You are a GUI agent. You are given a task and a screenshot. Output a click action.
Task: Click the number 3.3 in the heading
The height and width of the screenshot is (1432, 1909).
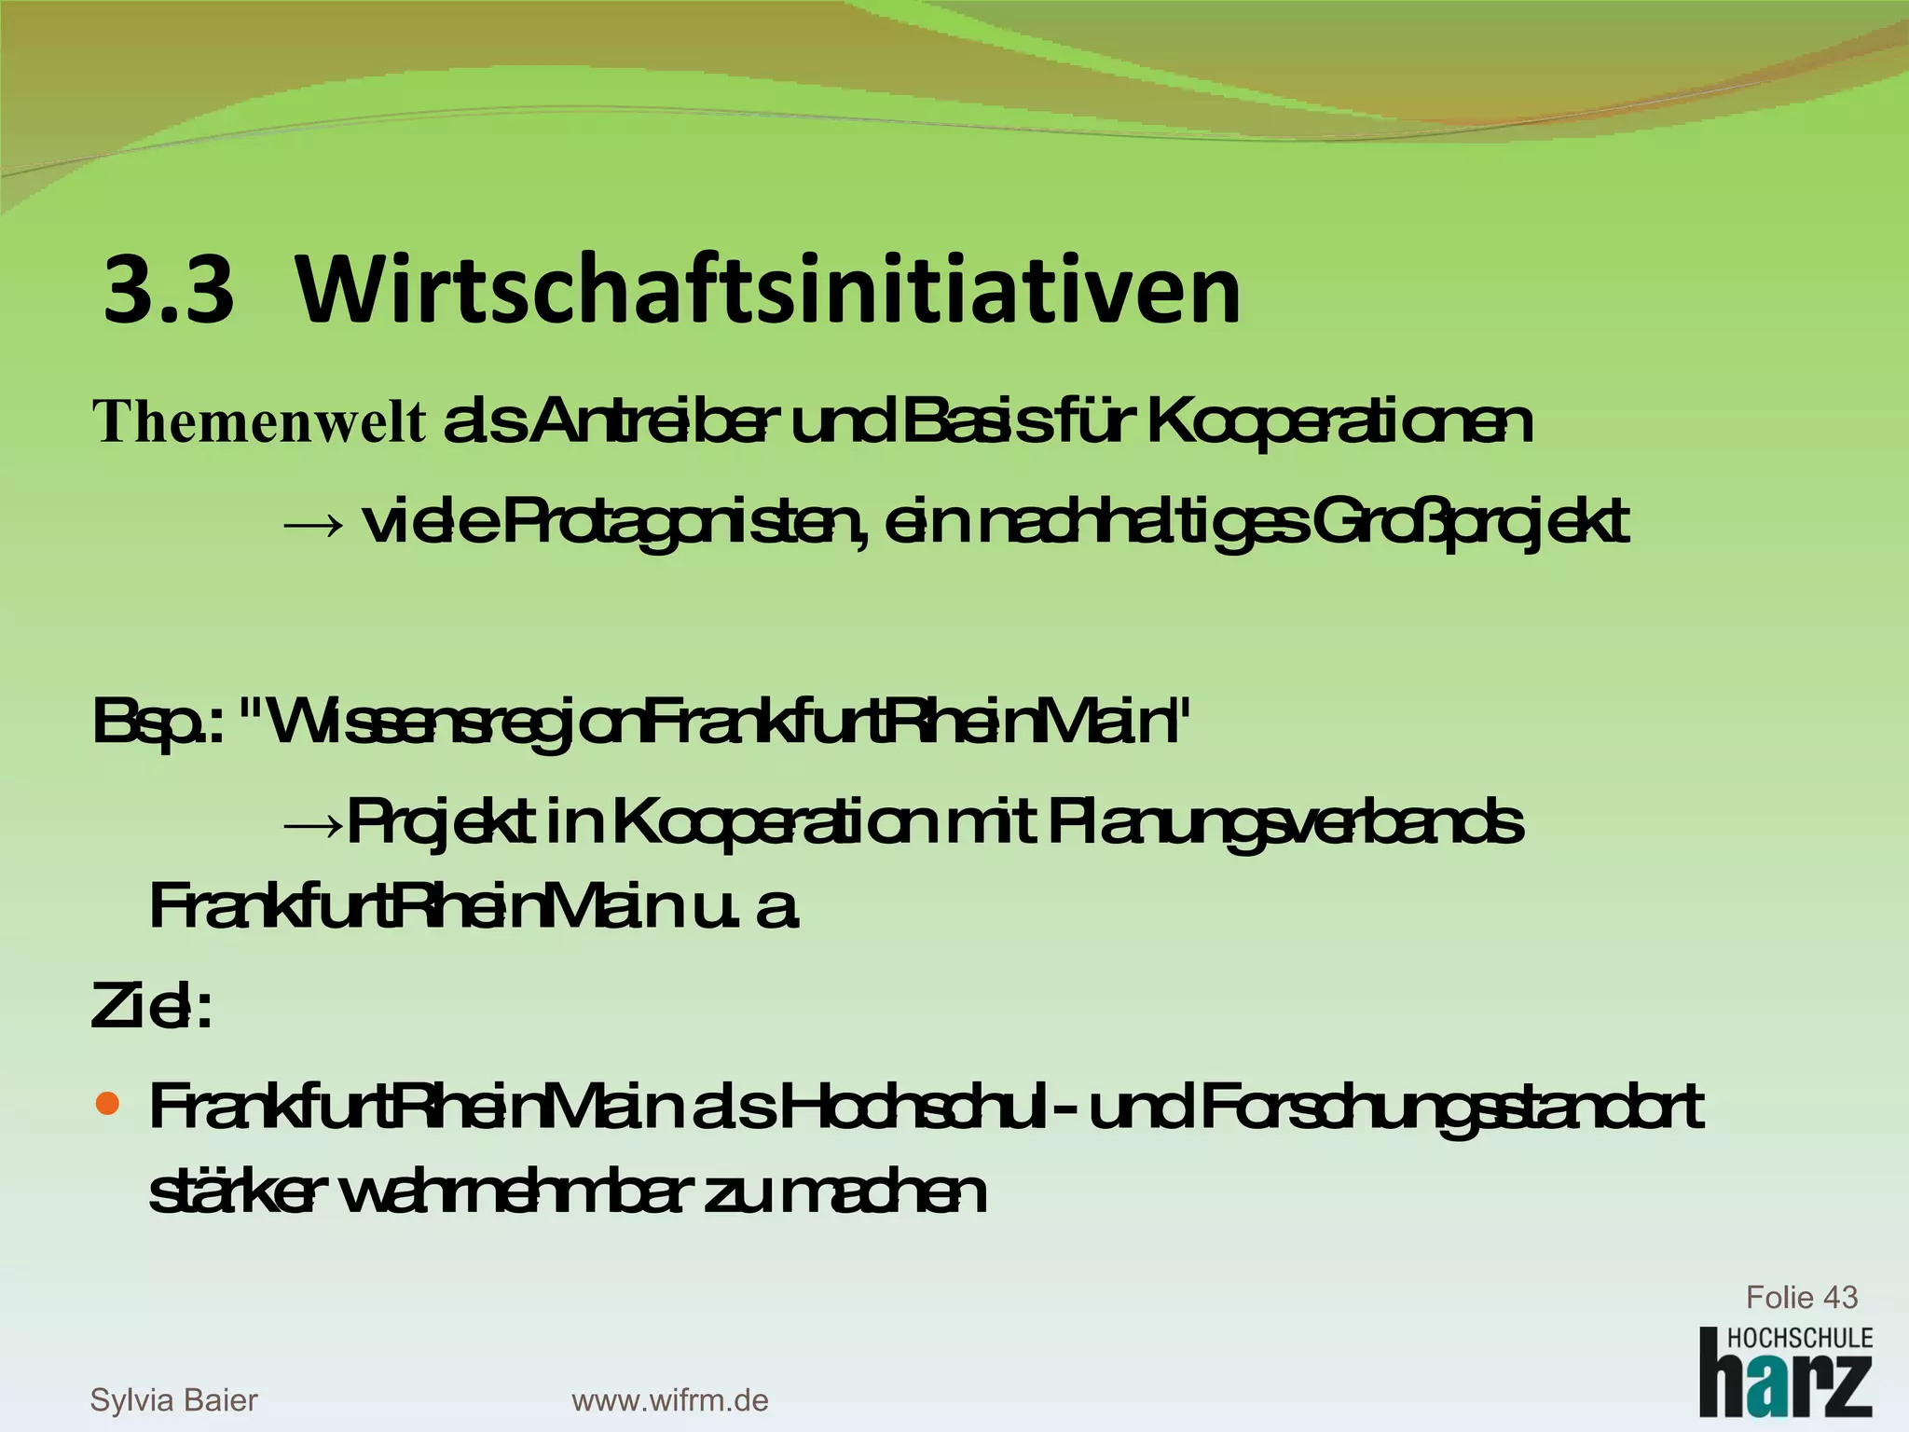(169, 291)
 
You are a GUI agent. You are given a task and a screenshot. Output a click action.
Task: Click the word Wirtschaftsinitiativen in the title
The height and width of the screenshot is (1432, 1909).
(768, 291)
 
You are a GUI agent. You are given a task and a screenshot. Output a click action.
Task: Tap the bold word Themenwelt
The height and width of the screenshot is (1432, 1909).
(259, 421)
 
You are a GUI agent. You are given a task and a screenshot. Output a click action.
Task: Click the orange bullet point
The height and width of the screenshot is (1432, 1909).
(108, 1105)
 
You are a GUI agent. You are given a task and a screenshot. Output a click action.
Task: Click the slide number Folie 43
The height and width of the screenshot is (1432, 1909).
(1801, 1297)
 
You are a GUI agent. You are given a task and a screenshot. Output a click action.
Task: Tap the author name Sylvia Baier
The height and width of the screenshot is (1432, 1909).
(173, 1399)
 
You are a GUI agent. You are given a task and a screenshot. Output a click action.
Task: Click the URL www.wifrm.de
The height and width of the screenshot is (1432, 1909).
(669, 1399)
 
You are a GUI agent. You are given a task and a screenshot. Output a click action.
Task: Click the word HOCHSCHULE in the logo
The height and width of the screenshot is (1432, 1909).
(1799, 1338)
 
